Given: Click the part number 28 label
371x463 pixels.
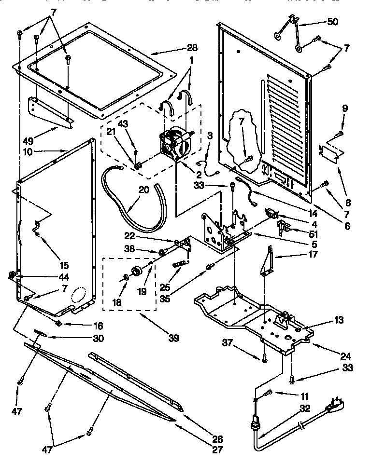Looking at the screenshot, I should tap(192, 48).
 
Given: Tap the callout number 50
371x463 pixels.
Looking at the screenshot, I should tap(333, 22).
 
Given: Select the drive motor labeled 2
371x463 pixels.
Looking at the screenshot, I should tap(174, 143).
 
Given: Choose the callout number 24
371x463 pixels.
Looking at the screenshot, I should tap(345, 357).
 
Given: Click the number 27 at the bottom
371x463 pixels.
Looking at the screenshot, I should tap(218, 450).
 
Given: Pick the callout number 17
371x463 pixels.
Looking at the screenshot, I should tap(313, 254).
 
